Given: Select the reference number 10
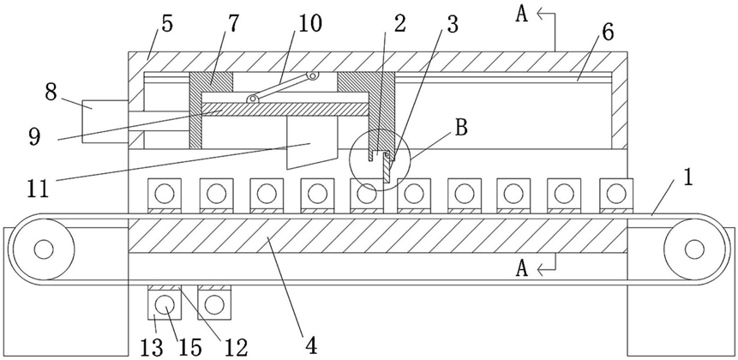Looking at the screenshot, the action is (309, 23).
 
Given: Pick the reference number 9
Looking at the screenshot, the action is (33, 136).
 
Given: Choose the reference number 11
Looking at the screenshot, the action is (38, 189).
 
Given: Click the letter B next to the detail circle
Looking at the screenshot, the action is (461, 128).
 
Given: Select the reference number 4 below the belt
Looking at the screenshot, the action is (311, 346).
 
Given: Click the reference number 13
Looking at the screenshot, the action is (151, 348).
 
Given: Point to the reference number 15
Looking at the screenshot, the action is (189, 348).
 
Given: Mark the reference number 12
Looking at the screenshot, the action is (236, 348).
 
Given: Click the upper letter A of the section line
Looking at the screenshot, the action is (521, 14).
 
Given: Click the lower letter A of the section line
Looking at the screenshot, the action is (521, 268).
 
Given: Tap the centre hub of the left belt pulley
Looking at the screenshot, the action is (44, 249).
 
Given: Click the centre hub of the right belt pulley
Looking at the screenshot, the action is (694, 249).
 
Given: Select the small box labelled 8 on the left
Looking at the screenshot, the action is (105, 122).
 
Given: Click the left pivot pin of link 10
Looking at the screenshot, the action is (253, 99).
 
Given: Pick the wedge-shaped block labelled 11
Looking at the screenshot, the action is (313, 142).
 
